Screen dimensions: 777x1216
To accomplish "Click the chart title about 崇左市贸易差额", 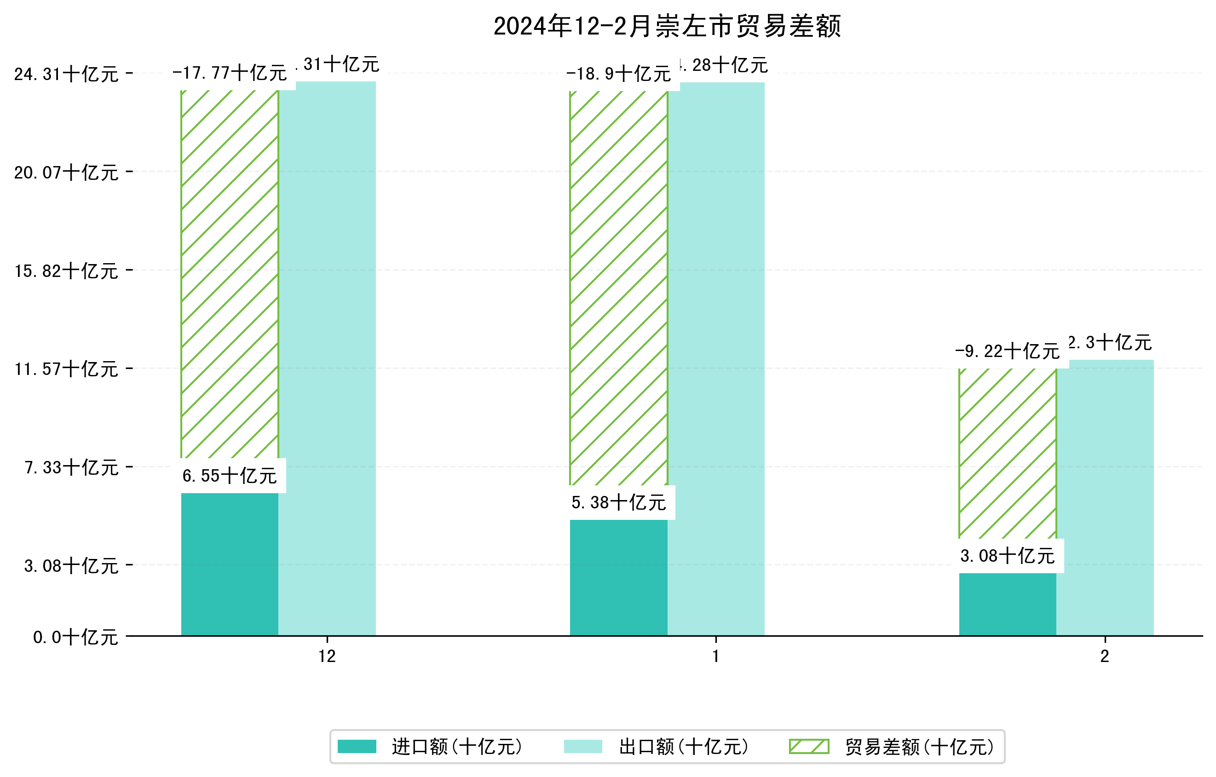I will [667, 26].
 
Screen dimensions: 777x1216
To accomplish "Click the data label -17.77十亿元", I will [229, 73].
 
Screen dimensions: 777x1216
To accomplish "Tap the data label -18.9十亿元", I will [619, 74].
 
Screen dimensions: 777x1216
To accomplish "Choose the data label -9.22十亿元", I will [1008, 351].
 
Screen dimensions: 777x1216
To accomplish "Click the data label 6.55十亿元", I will [229, 476].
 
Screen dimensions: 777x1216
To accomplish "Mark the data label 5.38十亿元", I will [619, 503].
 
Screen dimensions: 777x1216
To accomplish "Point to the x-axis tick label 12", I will [327, 656].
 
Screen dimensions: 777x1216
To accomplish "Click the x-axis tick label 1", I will [715, 656].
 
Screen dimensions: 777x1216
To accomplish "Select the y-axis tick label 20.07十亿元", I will [66, 173].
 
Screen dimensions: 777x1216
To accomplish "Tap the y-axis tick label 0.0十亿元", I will [75, 637].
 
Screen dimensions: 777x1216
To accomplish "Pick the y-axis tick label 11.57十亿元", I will [66, 369].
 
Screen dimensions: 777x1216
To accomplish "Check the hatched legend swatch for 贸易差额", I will [809, 746].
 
